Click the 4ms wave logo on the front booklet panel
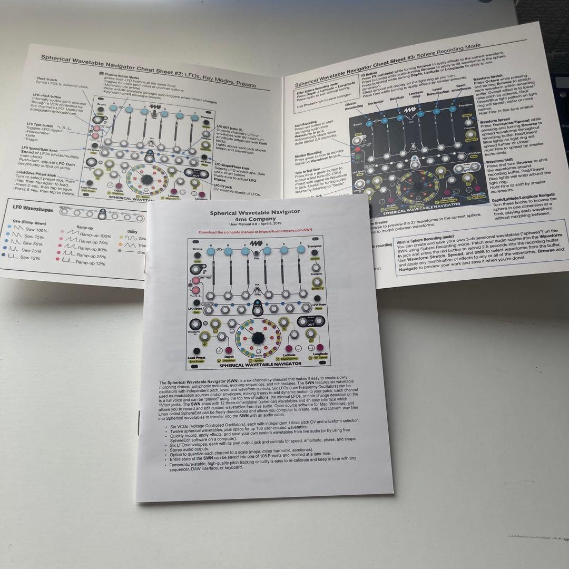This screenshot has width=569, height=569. pyautogui.click(x=256, y=243)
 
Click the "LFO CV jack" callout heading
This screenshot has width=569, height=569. pyautogui.click(x=222, y=186)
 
